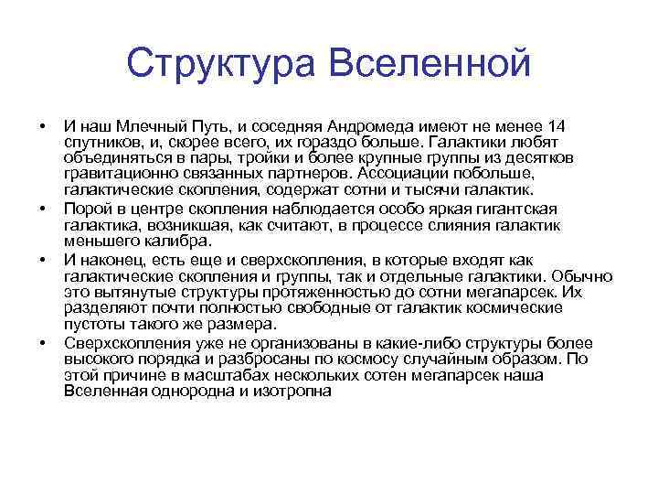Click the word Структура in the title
coord(218,63)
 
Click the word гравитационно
coord(116,174)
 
